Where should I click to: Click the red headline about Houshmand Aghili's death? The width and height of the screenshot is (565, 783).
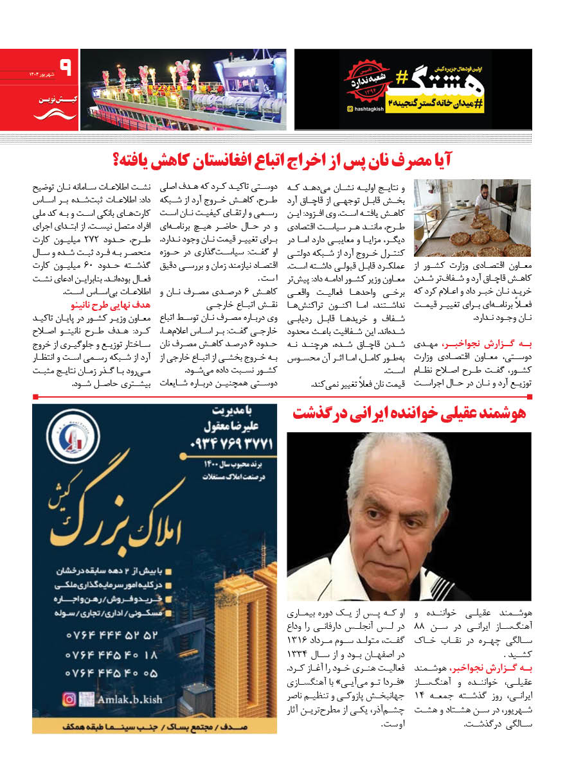point(409,414)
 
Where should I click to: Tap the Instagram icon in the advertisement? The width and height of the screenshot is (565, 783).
point(69,699)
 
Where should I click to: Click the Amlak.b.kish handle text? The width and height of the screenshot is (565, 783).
point(129,699)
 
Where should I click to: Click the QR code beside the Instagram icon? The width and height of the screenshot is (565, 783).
point(86,699)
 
